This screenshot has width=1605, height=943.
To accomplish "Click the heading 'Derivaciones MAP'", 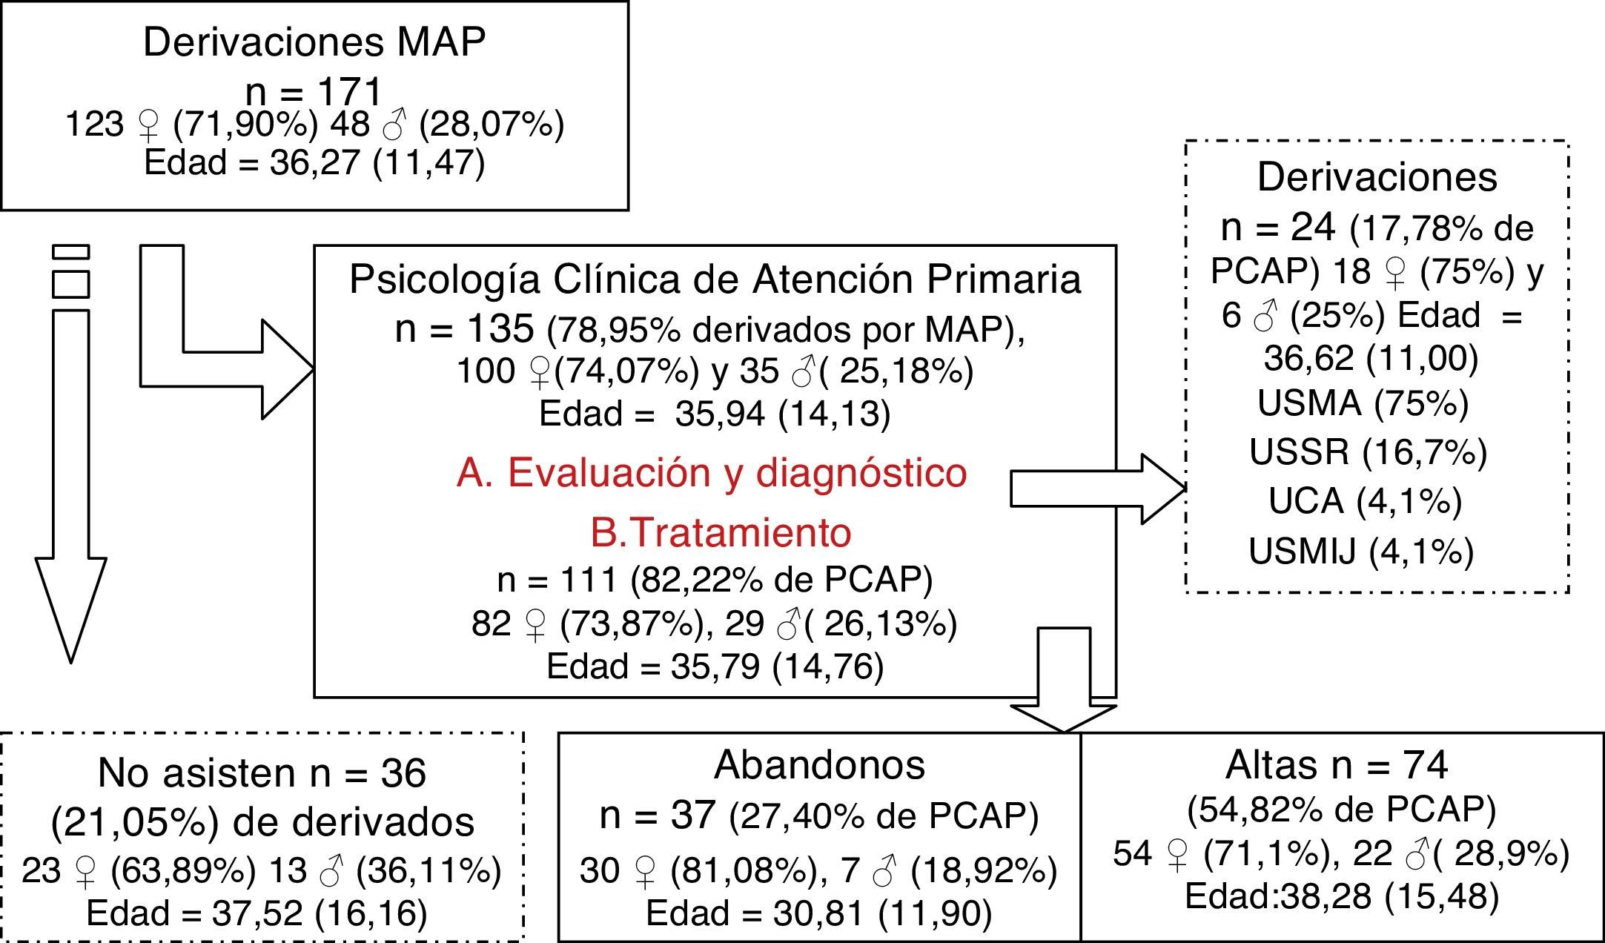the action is coord(314,42).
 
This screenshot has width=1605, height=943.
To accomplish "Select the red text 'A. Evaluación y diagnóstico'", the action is coord(712,472).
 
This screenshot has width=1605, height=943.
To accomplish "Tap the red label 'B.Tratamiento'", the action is coord(721,532).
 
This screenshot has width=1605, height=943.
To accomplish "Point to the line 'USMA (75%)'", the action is coord(1363,403).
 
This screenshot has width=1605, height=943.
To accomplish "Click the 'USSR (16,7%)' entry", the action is coord(1368,451).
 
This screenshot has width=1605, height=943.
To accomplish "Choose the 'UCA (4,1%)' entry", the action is coord(1365,500).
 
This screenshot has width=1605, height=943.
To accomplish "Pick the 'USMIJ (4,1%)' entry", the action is coord(1361,551).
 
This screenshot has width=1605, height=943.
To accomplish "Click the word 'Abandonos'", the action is coord(819,765).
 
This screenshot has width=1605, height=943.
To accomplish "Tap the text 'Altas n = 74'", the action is coord(1337,765).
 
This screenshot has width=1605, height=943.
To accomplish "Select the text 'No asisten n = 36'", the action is coord(262,773).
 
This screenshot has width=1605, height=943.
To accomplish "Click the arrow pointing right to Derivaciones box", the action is coord(1097,489).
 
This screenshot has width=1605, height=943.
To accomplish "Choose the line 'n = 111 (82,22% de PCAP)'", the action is coord(715,579).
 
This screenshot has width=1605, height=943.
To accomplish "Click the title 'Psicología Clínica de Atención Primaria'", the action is coord(715,279).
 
